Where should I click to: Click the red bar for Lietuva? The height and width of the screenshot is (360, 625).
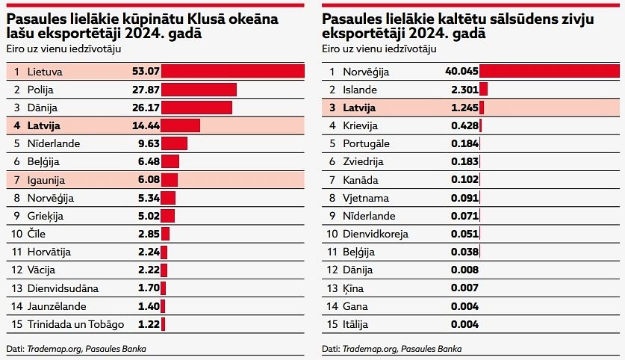pyautogui.click(x=233, y=72)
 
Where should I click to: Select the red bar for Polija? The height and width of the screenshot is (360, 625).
pyautogui.click(x=199, y=90)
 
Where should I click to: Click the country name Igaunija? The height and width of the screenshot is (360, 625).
pyautogui.click(x=46, y=180)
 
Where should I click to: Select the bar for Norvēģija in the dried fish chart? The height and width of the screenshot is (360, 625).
pyautogui.click(x=549, y=72)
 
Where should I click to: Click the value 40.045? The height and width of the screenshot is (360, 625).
pyautogui.click(x=460, y=72)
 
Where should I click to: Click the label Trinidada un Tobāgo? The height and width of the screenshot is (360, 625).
pyautogui.click(x=75, y=324)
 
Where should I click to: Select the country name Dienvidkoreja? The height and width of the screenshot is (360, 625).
pyautogui.click(x=376, y=234)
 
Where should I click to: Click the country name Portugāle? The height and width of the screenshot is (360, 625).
pyautogui.click(x=367, y=143)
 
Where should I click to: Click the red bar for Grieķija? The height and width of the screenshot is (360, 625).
pyautogui.click(x=167, y=216)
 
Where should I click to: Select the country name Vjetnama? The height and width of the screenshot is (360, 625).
pyautogui.click(x=366, y=198)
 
